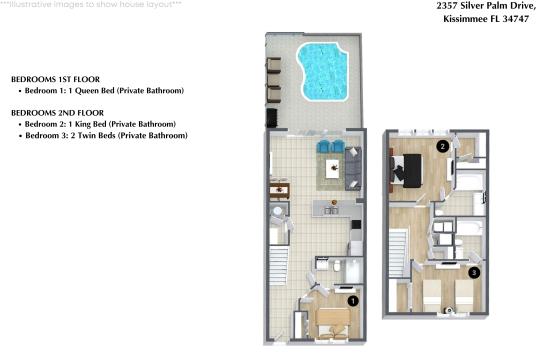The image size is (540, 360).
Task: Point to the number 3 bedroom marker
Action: (474, 271)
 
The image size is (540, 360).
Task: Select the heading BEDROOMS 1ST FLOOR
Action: (55, 78)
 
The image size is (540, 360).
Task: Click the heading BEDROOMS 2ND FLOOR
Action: (56, 113)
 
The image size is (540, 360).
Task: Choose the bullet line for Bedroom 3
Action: (105, 135)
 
